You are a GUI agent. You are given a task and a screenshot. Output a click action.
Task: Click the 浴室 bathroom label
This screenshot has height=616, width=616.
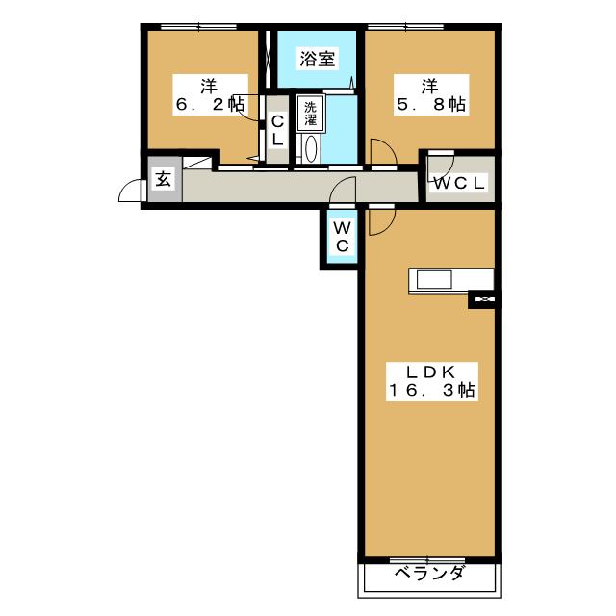click(318, 59)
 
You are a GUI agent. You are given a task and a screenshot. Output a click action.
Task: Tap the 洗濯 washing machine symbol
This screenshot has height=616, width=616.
click(311, 113)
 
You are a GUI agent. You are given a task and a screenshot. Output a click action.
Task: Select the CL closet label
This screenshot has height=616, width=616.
click(277, 130)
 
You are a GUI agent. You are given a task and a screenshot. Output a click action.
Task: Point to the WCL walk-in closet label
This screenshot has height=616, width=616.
click(459, 183)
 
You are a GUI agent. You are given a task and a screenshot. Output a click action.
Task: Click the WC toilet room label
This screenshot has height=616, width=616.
click(342, 237)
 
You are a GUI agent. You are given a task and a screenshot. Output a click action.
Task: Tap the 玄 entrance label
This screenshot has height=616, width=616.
click(164, 180)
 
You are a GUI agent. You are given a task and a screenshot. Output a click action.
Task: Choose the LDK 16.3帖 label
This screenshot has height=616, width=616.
click(432, 381)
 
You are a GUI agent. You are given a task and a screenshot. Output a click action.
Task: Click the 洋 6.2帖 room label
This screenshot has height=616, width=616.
click(210, 95)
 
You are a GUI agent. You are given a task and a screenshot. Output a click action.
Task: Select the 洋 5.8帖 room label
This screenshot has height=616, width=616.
click(431, 95)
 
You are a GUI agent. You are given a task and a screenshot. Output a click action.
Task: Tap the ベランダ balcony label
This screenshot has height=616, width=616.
click(429, 574)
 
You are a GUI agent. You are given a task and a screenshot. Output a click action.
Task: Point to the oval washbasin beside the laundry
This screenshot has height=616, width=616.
click(311, 149)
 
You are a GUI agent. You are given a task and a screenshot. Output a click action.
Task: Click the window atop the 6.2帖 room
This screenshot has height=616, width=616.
click(199, 27)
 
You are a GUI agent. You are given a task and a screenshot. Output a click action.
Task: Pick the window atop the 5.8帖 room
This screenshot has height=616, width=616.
click(405, 27)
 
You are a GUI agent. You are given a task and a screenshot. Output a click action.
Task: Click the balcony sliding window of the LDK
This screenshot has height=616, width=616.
click(427, 560)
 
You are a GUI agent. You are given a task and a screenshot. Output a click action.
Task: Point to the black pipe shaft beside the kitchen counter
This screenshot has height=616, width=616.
click(484, 299)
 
